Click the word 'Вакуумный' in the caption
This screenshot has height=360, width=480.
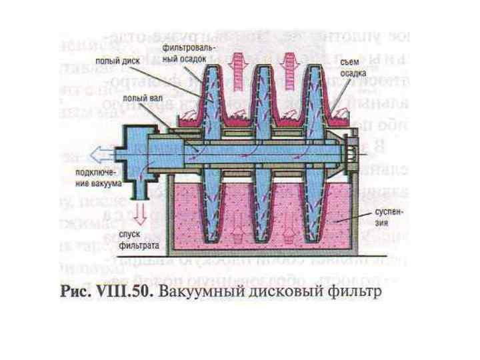[x=217, y=293]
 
